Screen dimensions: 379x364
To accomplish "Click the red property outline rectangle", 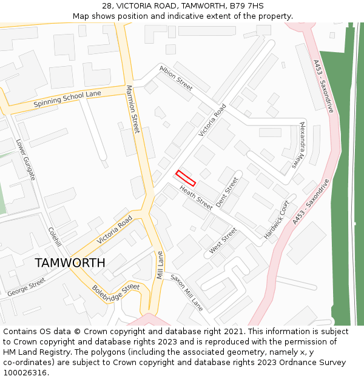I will pos(186,178).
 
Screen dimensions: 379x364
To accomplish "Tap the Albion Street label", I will pos(176,77).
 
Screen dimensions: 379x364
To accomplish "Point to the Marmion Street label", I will pos(133,109).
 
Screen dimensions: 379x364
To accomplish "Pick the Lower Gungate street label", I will pos(26,160).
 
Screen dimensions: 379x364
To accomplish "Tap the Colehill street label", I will pos(55,236).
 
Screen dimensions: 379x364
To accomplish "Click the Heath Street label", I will pos(195,198).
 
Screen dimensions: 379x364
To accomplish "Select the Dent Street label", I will pos(227,192).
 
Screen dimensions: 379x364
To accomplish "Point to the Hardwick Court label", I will pos(277,219).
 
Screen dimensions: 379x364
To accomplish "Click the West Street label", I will pos(223,241).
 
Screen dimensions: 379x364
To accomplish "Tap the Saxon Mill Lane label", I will pos(186,293).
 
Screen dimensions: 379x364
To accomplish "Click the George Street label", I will pos(26,287).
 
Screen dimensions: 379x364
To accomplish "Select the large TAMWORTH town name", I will pos(70,263).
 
